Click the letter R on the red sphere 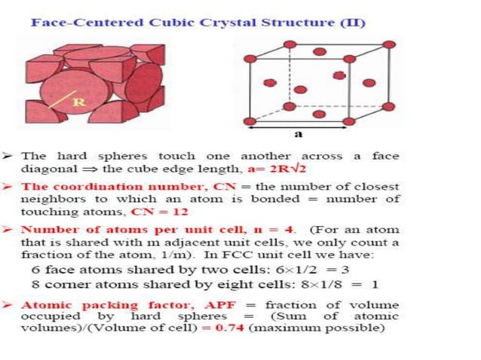click(77, 101)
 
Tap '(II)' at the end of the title click(352, 22)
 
